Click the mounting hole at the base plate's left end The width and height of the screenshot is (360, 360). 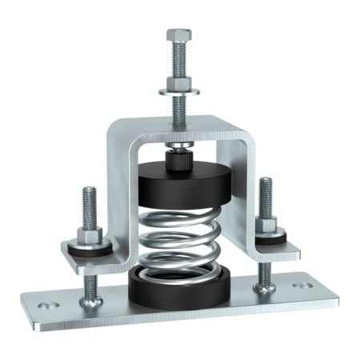[46, 305]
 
